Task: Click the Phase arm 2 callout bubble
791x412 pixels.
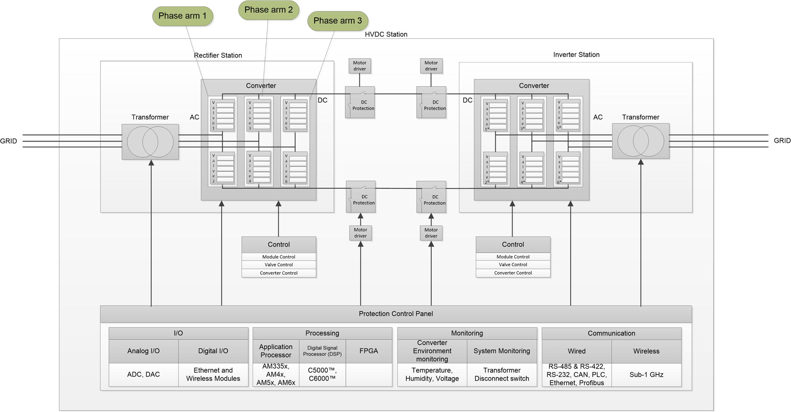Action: click(269, 10)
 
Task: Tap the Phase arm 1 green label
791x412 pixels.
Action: click(183, 16)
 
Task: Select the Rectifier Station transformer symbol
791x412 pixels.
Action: click(150, 142)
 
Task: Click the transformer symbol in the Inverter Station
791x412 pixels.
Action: click(640, 141)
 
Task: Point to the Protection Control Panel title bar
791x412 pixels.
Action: click(395, 314)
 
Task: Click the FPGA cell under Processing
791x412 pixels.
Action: click(368, 351)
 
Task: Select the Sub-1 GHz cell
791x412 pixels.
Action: click(646, 375)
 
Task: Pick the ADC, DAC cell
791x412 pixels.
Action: click(144, 375)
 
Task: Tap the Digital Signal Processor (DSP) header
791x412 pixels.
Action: click(322, 351)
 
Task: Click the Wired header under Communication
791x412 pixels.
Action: click(576, 351)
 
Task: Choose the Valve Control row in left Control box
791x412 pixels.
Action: click(279, 265)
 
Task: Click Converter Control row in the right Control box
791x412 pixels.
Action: click(513, 273)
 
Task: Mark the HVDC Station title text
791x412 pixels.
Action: click(386, 34)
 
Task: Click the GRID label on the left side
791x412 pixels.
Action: click(9, 141)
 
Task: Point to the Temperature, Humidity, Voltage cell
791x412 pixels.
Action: click(432, 375)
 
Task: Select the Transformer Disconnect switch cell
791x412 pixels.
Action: click(501, 375)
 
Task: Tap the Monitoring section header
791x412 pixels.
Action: click(467, 333)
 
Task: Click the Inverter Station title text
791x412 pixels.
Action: click(576, 55)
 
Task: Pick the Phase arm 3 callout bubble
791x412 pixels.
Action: click(337, 21)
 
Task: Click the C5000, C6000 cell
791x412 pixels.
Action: click(322, 375)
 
